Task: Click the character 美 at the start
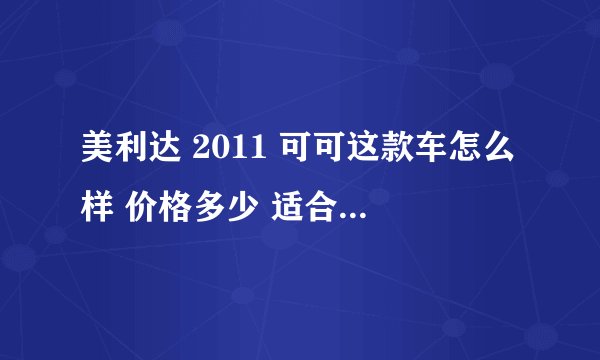point(98,158)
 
